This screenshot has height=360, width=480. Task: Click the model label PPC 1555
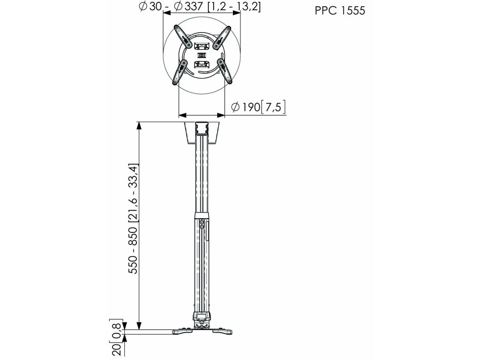click(x=340, y=11)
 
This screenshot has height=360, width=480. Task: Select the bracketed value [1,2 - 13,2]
click(x=234, y=6)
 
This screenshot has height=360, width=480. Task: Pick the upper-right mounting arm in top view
click(x=222, y=37)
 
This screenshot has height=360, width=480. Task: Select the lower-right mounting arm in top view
click(x=225, y=71)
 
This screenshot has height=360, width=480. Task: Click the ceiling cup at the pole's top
click(x=202, y=133)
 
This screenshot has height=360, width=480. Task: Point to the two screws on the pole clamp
click(x=202, y=223)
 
